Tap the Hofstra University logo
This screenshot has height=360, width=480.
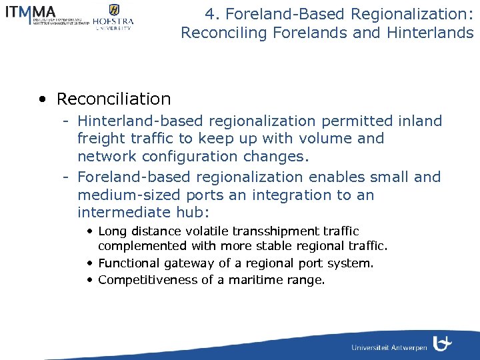tap(113, 17)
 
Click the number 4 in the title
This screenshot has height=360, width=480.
tap(211, 13)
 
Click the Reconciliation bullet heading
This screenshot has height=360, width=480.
tap(113, 99)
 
